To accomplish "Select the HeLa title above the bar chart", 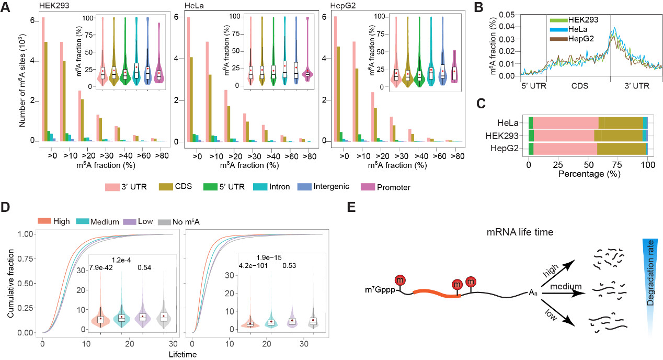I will coord(194,6).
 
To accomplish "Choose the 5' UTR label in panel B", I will coord(533,84).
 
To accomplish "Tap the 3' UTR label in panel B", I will coord(637,84).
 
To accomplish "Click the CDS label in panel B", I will coord(579,84).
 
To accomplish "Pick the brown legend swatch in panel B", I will coord(558,39).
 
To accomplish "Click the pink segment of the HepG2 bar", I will coord(565,149).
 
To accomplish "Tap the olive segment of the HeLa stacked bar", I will coord(621,122).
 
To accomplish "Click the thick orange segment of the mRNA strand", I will coord(437,293).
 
